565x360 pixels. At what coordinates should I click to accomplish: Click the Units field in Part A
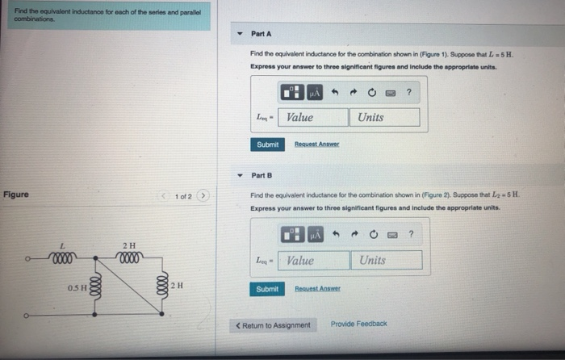point(386,117)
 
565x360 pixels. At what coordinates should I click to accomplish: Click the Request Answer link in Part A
point(316,144)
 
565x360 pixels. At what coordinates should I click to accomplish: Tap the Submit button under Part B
point(267,288)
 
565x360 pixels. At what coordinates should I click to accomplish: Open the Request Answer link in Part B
point(316,288)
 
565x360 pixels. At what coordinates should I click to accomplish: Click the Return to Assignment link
point(273,324)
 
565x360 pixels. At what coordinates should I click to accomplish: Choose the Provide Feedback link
point(358,324)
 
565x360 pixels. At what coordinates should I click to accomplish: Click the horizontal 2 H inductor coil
point(130,260)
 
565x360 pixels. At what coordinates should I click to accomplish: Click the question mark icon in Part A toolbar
point(409,93)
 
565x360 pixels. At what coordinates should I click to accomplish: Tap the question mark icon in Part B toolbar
point(411,235)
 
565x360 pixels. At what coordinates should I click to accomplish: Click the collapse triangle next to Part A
point(240,35)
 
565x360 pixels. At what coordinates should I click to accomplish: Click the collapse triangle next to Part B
point(240,175)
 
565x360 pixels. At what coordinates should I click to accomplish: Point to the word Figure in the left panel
point(16,195)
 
